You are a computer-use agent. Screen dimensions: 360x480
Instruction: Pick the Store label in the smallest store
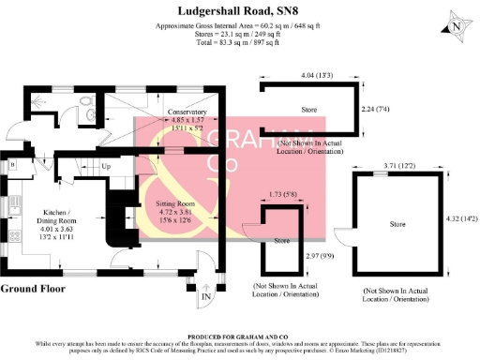(x=281, y=241)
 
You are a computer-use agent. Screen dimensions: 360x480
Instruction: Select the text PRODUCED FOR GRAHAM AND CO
(x=240, y=335)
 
